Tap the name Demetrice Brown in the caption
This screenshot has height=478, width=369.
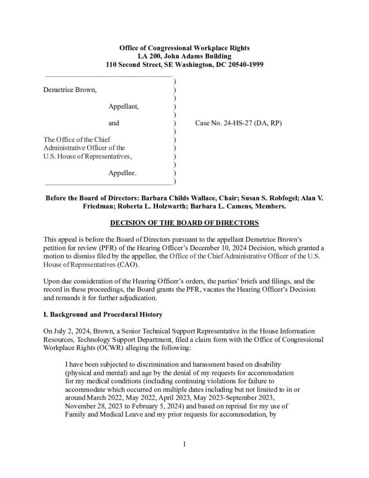70,90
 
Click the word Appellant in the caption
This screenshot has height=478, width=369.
124,107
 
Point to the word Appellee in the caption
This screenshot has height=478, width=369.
123,173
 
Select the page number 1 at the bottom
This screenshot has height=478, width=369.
185,444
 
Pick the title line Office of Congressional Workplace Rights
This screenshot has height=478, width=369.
185,48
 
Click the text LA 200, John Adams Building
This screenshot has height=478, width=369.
185,56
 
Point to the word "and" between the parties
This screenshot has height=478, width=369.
114,124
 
